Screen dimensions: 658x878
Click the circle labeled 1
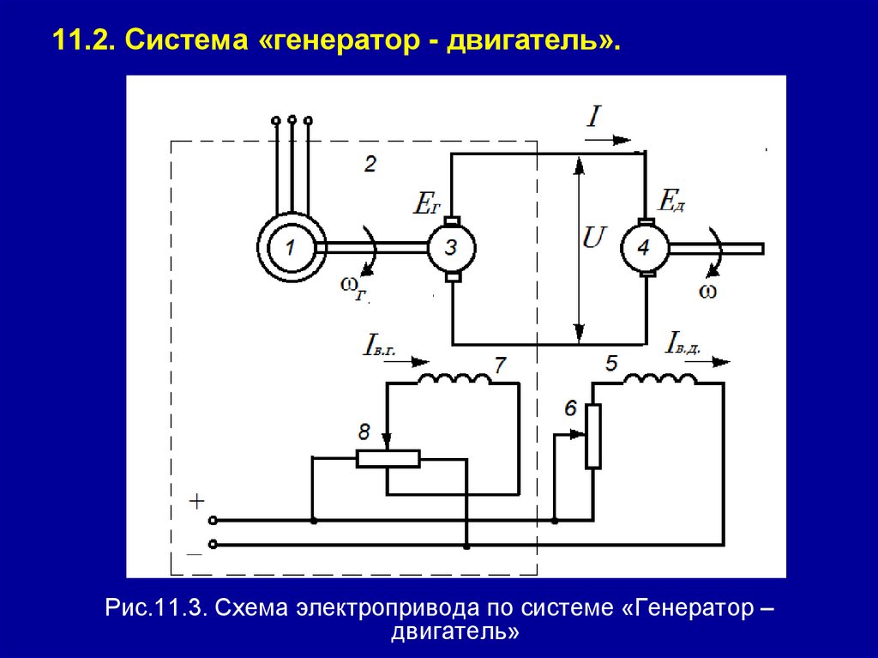[290, 248]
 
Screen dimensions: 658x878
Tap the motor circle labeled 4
[644, 248]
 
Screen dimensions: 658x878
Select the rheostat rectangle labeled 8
[388, 458]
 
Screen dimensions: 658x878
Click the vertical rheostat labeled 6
[592, 436]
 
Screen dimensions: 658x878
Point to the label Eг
[426, 202]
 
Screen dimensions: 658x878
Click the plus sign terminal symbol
[196, 500]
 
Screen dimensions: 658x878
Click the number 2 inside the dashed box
[370, 163]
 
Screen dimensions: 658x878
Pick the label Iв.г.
[379, 348]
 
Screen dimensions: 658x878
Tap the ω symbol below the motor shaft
[707, 291]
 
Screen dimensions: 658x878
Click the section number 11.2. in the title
[84, 40]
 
